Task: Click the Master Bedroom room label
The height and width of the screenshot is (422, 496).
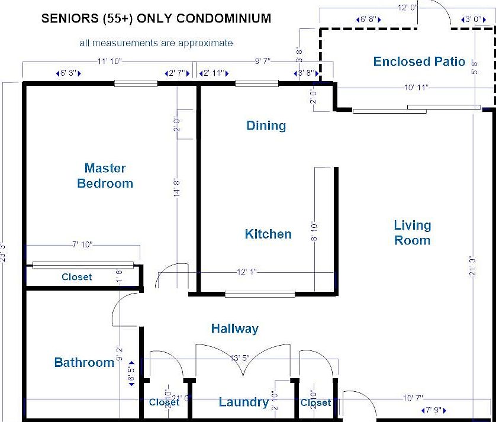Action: click(105, 176)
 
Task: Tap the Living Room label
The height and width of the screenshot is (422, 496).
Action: click(413, 233)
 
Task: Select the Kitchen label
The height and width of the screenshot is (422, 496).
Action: click(268, 234)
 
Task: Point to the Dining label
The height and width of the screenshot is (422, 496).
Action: click(266, 125)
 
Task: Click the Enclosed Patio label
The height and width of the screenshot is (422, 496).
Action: click(419, 62)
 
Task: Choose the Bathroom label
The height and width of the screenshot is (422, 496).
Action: click(84, 362)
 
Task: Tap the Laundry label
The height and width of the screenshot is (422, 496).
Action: click(243, 402)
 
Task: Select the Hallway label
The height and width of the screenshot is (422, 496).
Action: click(235, 328)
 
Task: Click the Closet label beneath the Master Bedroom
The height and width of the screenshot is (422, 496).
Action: click(77, 277)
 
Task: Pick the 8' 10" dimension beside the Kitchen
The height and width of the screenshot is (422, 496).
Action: click(314, 231)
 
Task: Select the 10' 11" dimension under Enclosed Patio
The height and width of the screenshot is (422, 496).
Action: click(416, 88)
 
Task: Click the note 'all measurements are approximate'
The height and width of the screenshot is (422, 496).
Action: click(156, 43)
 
